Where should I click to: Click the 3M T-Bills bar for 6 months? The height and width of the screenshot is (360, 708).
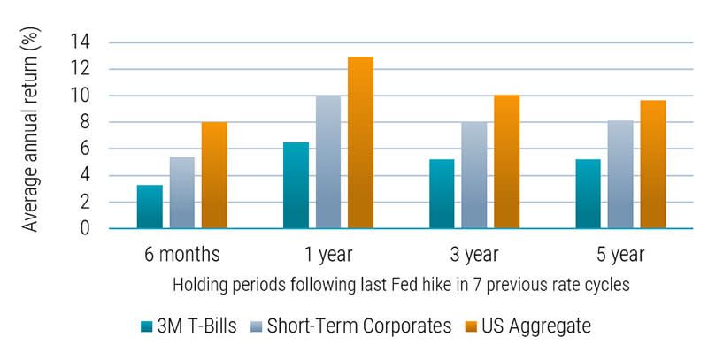coord(150,207)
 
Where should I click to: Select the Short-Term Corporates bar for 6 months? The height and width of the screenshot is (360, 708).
coord(181,193)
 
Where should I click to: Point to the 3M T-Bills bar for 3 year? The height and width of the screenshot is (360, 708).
coord(442,195)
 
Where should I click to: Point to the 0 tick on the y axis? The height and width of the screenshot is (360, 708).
coord(85,229)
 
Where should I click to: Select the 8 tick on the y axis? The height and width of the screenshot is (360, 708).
coord(85,122)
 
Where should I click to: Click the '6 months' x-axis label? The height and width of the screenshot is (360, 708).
coord(181,255)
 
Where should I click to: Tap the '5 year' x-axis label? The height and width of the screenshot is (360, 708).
coord(620,255)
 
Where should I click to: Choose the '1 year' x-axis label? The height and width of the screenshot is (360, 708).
coord(328,255)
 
